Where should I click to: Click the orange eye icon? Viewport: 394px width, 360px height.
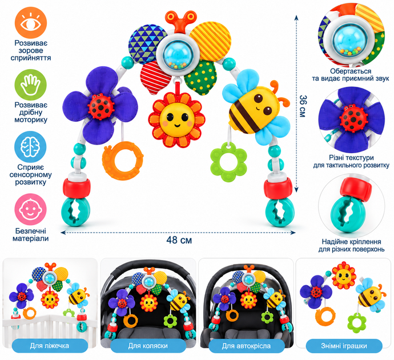tap(31, 22)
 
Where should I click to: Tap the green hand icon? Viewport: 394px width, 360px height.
tap(31, 85)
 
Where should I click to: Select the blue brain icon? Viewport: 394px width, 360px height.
tap(31, 147)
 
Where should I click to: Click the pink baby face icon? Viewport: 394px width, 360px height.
tap(31, 209)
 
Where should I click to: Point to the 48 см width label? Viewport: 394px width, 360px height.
tap(179, 241)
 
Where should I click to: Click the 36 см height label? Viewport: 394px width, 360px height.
tap(303, 106)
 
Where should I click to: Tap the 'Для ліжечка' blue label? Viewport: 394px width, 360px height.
tap(50, 346)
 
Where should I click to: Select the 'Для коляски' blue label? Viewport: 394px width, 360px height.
tap(148, 346)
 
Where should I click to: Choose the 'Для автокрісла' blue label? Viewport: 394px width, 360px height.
tap(246, 346)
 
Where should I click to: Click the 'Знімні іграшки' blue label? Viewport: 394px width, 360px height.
tap(344, 346)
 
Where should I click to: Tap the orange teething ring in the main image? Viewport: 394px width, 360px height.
tap(123, 161)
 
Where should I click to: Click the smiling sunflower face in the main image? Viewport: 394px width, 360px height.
tap(176, 119)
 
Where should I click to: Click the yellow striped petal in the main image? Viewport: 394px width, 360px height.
tap(211, 40)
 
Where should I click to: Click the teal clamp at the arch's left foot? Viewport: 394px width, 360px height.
tap(75, 211)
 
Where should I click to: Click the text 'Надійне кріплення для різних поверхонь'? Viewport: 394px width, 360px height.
tap(352, 245)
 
